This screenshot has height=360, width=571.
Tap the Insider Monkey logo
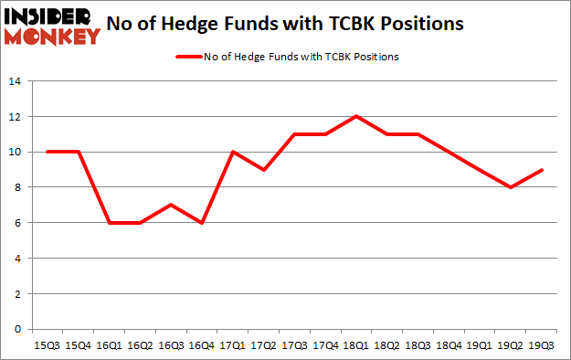(x=52, y=26)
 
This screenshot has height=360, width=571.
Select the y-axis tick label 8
(x=17, y=187)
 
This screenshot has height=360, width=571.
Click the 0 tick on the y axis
(x=17, y=329)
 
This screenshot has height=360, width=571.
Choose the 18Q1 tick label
(x=355, y=345)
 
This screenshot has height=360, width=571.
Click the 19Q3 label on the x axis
(x=542, y=345)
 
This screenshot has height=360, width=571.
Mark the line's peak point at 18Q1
(x=355, y=116)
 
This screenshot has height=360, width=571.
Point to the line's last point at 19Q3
(x=542, y=170)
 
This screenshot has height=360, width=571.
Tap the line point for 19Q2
(x=511, y=187)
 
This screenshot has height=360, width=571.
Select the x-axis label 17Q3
(x=293, y=345)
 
